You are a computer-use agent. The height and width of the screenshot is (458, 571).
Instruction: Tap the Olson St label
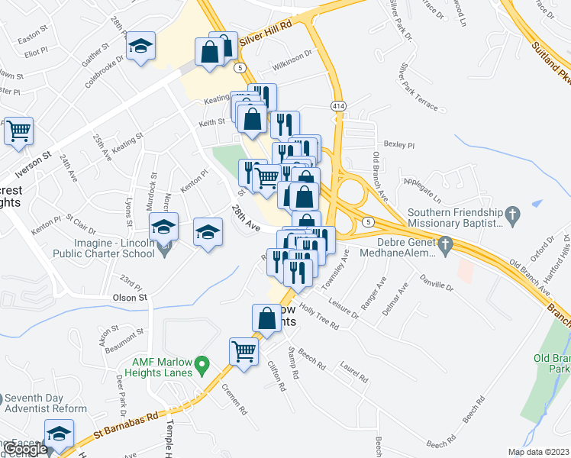129,297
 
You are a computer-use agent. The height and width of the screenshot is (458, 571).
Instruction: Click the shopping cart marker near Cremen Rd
244,352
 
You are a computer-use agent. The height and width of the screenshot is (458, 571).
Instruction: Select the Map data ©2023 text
537,452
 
